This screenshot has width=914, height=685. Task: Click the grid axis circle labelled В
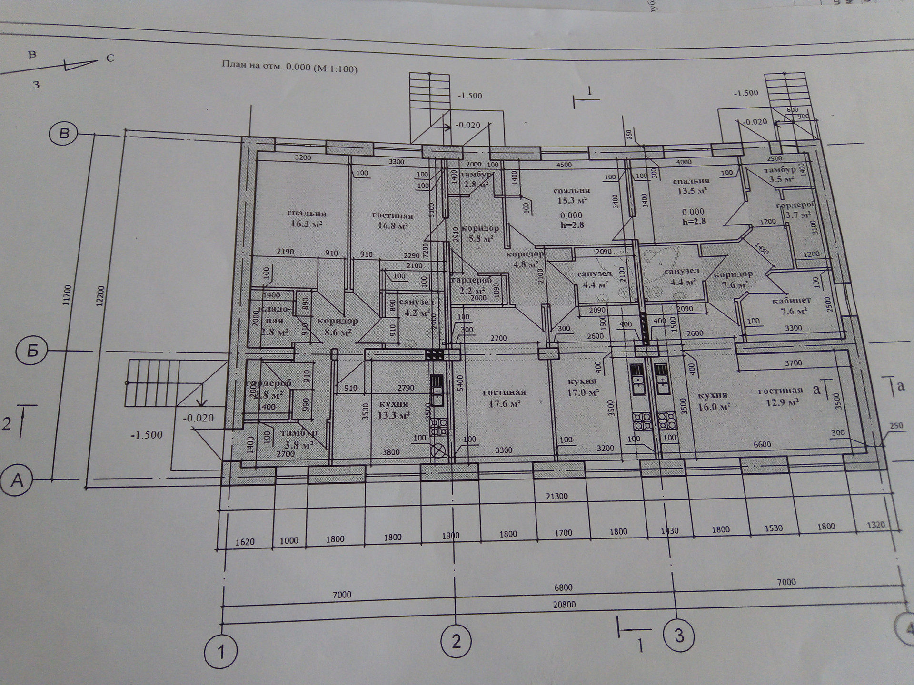(x=63, y=134)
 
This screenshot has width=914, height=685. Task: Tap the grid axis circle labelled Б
(x=32, y=351)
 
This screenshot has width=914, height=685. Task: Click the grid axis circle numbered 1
(x=221, y=652)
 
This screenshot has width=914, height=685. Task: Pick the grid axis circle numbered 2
(x=456, y=642)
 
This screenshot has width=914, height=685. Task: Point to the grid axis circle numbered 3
(x=679, y=635)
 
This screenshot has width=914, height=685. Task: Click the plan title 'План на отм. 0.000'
(x=289, y=66)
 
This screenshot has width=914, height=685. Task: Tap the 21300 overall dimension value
(x=556, y=496)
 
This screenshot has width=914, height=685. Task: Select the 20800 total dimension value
(x=564, y=605)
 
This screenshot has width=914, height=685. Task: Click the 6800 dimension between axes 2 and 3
(x=563, y=587)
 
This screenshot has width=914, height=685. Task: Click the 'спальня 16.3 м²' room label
(x=307, y=218)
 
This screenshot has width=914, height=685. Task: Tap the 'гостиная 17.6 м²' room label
(x=504, y=398)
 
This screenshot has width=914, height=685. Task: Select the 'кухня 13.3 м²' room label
(x=394, y=410)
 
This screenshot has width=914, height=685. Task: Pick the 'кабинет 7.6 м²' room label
(x=791, y=306)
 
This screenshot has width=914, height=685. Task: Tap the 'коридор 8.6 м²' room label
(x=338, y=326)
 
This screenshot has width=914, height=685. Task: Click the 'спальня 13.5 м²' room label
(x=691, y=186)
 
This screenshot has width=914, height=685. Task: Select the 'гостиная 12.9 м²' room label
(x=780, y=396)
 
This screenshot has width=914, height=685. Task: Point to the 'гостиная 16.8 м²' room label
(x=393, y=220)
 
